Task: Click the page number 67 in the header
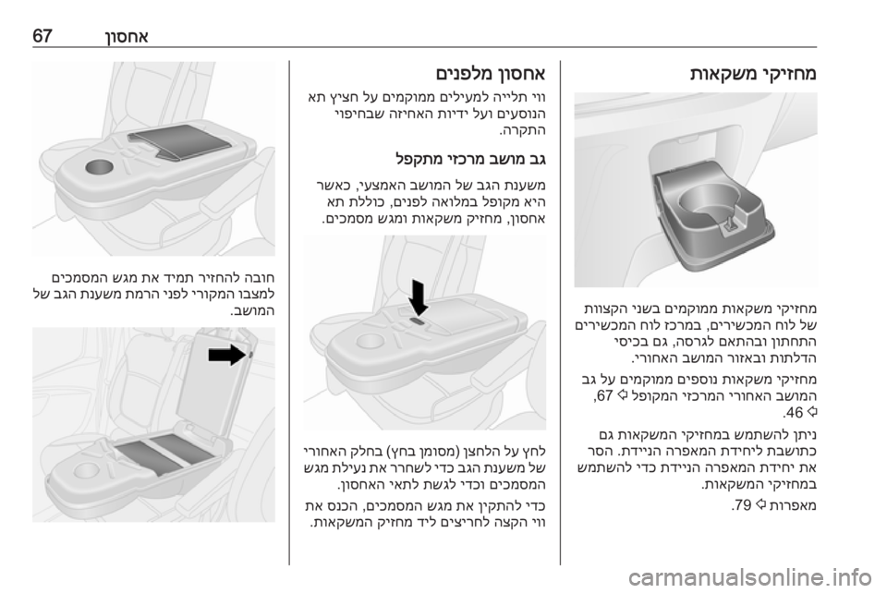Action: [43, 36]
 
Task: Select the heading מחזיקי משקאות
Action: [753, 74]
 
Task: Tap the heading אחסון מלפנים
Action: [491, 74]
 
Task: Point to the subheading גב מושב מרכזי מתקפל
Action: [471, 159]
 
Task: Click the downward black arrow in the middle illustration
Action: [419, 298]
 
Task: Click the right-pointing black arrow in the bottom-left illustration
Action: [227, 355]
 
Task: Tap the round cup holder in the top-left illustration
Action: [99, 167]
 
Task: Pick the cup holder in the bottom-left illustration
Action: [84, 470]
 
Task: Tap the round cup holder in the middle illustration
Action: [369, 341]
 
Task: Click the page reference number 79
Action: [740, 505]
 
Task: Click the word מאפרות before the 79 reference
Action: [792, 505]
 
